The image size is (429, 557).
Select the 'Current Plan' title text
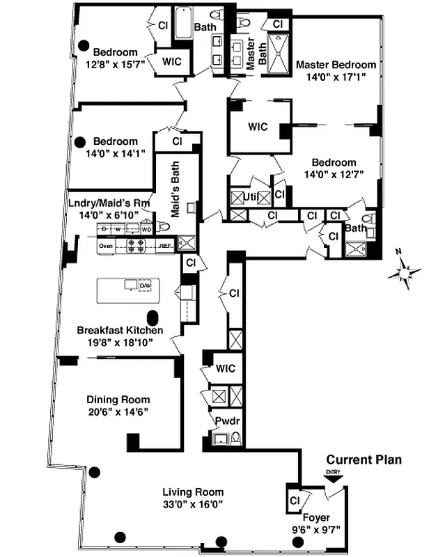click(x=363, y=460)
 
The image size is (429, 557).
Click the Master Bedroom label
click(x=336, y=65)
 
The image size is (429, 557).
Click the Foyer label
click(x=316, y=517)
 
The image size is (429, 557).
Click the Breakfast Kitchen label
click(x=120, y=330)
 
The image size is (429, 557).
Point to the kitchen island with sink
click(x=128, y=290)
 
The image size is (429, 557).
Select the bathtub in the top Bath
click(x=184, y=22)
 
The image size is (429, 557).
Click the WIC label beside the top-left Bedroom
click(x=172, y=61)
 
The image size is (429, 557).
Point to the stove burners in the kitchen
click(x=134, y=245)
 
